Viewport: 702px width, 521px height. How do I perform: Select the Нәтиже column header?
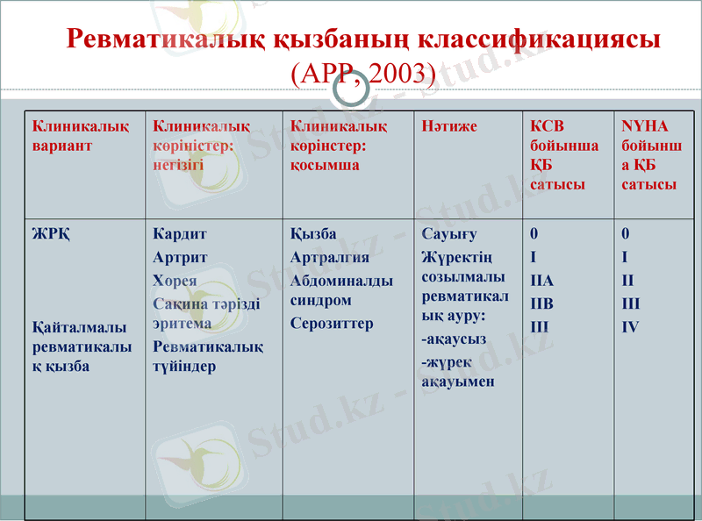449,127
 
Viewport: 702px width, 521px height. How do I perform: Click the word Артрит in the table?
180,258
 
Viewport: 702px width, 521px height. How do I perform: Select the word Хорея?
175,281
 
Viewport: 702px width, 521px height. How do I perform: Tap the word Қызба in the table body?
313,235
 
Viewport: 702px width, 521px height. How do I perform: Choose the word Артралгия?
330,258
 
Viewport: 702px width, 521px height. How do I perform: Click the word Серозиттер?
332,324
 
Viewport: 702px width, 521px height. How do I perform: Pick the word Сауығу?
448,235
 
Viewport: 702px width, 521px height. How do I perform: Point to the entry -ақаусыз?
454,339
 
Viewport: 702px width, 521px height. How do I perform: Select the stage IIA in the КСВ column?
542,281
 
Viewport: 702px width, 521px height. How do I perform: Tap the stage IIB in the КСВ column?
542,303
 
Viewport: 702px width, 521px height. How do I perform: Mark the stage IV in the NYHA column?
630,327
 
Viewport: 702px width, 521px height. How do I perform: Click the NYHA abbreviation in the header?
644,127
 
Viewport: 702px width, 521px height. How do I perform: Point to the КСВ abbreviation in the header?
548,127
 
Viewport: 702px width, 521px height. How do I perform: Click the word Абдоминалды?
341,281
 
